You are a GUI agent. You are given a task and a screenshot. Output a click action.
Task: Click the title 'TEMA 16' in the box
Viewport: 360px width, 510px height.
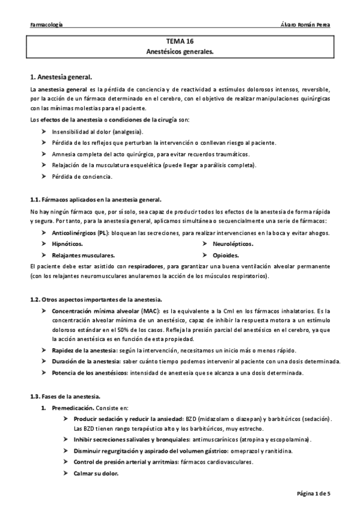point(180,43)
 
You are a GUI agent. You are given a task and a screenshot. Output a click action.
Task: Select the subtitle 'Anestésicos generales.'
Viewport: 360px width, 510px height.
point(180,52)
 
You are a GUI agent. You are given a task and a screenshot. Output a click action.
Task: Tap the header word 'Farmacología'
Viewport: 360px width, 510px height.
point(46,25)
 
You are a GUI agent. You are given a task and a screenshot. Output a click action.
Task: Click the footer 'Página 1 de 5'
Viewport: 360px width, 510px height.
point(313,493)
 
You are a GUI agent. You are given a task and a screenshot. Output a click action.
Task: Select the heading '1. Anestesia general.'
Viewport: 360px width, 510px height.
point(61,78)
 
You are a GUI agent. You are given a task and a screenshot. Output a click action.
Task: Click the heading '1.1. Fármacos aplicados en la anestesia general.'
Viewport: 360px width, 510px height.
point(96,199)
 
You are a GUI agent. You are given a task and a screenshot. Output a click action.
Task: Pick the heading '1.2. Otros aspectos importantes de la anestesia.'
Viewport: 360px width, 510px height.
point(96,300)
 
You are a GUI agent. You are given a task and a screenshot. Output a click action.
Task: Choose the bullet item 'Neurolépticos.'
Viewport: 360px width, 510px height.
point(233,244)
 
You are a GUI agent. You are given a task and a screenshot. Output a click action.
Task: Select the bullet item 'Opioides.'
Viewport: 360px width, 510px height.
point(225,255)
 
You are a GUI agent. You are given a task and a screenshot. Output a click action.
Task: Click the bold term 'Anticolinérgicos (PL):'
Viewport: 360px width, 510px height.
point(87,233)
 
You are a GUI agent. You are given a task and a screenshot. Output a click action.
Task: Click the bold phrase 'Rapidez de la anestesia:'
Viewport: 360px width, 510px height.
point(85,351)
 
